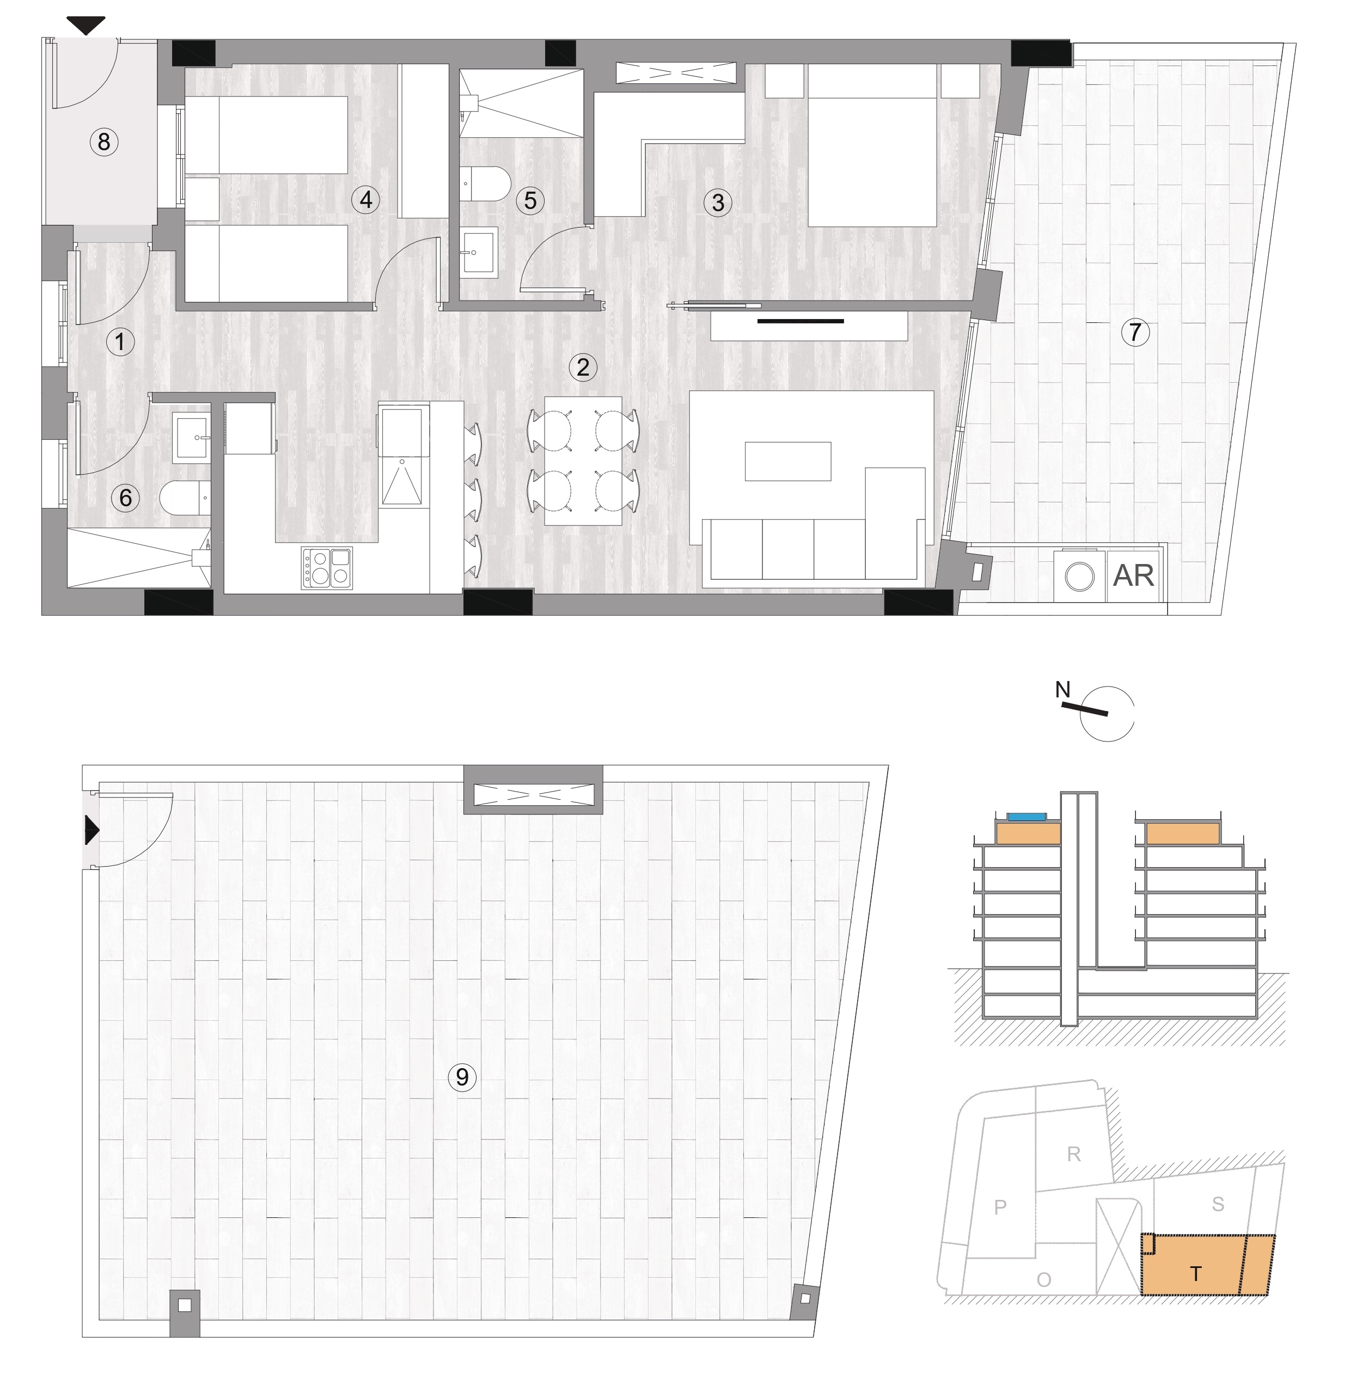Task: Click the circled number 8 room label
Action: pyautogui.click(x=104, y=142)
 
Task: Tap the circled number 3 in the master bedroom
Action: pyautogui.click(x=718, y=203)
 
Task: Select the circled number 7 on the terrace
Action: pyautogui.click(x=1135, y=332)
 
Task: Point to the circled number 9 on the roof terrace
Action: pyautogui.click(x=462, y=1076)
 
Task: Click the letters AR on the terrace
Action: pyautogui.click(x=1133, y=575)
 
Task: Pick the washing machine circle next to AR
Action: pyautogui.click(x=1079, y=577)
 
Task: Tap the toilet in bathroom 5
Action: pyautogui.click(x=485, y=183)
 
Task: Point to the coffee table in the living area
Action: pyautogui.click(x=788, y=461)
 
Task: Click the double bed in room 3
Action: pyautogui.click(x=871, y=145)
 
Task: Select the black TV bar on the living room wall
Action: pyautogui.click(x=801, y=321)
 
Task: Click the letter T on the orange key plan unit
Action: pyautogui.click(x=1195, y=1273)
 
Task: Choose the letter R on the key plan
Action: pyautogui.click(x=1073, y=1154)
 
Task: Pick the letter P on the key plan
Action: pyautogui.click(x=1000, y=1206)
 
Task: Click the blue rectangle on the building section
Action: pyautogui.click(x=1026, y=817)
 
